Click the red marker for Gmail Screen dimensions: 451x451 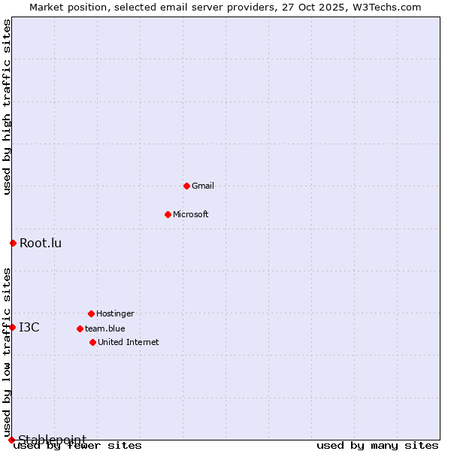[x=186, y=186]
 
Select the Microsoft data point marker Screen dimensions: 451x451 [x=168, y=214]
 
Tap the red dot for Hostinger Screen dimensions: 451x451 [x=91, y=313]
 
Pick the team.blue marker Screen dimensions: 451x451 [x=80, y=328]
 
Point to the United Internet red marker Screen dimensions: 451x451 [x=92, y=342]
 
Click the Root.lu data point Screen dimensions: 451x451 [x=13, y=243]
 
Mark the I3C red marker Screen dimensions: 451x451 [x=12, y=327]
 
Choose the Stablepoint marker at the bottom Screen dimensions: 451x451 [x=11, y=440]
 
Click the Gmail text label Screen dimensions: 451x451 [x=203, y=186]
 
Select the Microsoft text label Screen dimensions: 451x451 [x=191, y=214]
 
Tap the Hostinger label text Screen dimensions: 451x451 [x=115, y=313]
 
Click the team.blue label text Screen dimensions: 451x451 [x=105, y=328]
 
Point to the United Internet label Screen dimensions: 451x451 [x=129, y=342]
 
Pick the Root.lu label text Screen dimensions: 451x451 [x=41, y=243]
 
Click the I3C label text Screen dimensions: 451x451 [x=29, y=327]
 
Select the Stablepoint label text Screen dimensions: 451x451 [x=53, y=440]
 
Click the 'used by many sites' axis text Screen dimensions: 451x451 [x=377, y=446]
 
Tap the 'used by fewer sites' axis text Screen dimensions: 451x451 [x=78, y=446]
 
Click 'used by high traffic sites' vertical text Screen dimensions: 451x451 [x=7, y=107]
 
